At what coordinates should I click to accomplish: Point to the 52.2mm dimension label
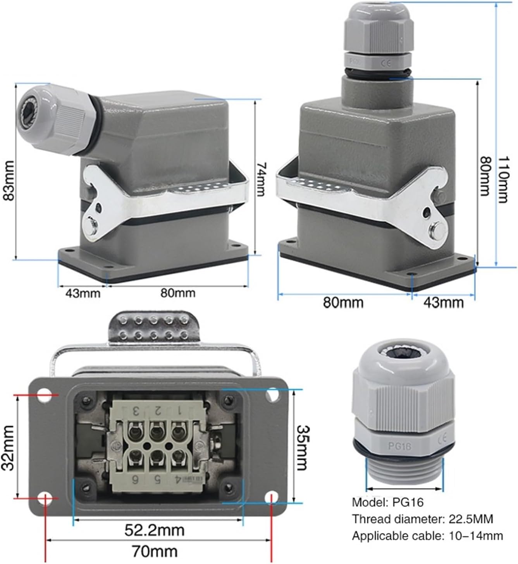[154, 530]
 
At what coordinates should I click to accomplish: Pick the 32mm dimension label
[8, 447]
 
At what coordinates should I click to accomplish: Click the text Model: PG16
[388, 502]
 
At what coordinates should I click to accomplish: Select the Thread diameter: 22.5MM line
[422, 519]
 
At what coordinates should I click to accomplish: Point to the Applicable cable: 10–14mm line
[427, 536]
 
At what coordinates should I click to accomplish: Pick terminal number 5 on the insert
[157, 479]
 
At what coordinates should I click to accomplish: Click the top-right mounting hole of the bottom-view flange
[272, 395]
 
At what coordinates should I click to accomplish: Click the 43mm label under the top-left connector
[82, 293]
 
